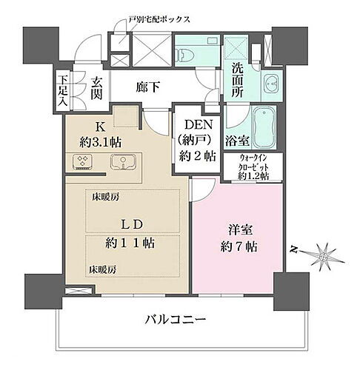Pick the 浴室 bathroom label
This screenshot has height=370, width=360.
(236, 138)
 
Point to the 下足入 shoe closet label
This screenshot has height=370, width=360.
(64, 90)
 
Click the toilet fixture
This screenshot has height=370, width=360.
(187, 55)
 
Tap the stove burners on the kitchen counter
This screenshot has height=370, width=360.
(82, 162)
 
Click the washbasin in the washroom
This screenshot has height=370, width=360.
(270, 84)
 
